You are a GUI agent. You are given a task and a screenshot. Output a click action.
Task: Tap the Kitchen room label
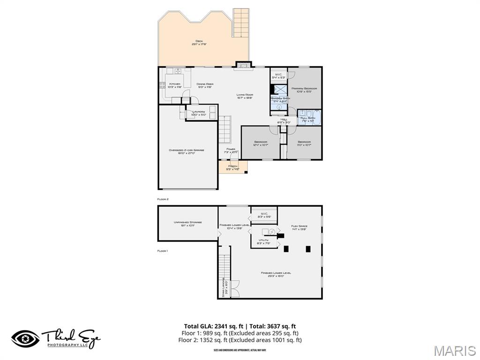click(x=175, y=85)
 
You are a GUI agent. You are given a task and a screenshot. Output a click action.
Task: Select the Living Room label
click(x=245, y=96)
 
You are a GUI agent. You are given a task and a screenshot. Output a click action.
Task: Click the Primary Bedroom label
click(x=304, y=90)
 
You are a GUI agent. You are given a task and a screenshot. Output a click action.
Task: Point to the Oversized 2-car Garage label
click(x=187, y=151)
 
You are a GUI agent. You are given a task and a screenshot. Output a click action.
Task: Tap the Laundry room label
click(x=199, y=113)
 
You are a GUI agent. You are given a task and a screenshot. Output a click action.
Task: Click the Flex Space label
click(x=299, y=227)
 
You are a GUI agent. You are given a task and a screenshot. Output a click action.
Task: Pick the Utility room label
click(x=263, y=241)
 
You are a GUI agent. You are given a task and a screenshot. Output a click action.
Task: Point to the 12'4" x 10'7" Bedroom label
click(x=261, y=143)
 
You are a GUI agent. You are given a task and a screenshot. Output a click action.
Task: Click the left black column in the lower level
click(x=286, y=249)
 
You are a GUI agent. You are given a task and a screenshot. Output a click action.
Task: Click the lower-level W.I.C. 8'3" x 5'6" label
click(x=264, y=215)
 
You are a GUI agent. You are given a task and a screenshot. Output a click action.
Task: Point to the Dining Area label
click(x=205, y=85)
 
